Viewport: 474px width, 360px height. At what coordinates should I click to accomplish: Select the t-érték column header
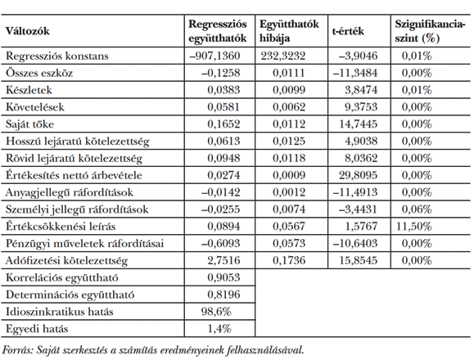(349, 31)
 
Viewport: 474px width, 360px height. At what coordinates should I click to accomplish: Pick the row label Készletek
(27, 89)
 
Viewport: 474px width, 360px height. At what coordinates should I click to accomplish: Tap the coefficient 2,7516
(221, 259)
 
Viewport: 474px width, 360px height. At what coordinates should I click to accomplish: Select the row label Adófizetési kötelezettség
(59, 259)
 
